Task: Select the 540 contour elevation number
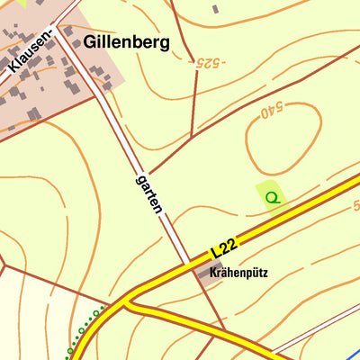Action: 271,112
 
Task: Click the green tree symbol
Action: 273,195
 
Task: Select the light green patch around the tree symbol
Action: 264,189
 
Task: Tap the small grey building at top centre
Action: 214,9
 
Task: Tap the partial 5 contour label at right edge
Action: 355,206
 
